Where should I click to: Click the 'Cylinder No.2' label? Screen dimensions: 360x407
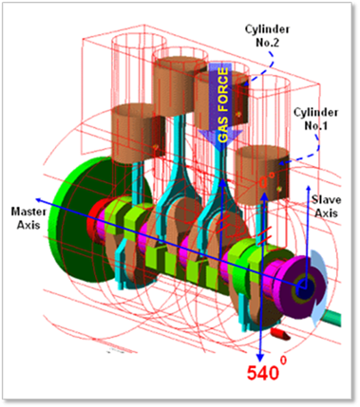[x=267, y=36]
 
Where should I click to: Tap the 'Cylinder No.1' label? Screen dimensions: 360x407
[x=315, y=119]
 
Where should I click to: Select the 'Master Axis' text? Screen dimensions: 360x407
[x=28, y=218]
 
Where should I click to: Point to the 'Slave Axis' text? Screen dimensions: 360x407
[x=326, y=206]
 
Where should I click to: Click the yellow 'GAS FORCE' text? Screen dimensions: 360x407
[x=223, y=105]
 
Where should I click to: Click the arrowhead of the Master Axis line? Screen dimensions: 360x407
[x=39, y=200]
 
